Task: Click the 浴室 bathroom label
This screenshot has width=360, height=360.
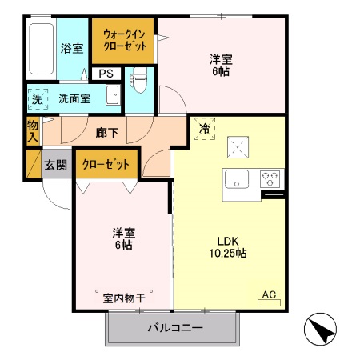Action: pos(72,48)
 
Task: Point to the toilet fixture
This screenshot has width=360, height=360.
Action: pos(137,80)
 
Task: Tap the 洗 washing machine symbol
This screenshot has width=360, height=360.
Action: pos(37,99)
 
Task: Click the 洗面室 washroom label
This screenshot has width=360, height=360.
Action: pos(74,99)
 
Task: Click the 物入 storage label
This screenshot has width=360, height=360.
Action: pos(33,131)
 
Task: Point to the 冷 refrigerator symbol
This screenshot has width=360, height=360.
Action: pos(204,127)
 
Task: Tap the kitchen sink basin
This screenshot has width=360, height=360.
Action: pos(238,178)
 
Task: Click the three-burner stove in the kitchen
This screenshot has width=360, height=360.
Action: pos(269,178)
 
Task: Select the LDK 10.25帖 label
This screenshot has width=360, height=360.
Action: pos(228,247)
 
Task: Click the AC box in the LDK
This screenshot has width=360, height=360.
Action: pos(268,294)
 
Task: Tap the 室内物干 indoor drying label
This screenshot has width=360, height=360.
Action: pos(124,298)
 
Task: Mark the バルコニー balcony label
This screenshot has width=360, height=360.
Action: pos(174,328)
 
